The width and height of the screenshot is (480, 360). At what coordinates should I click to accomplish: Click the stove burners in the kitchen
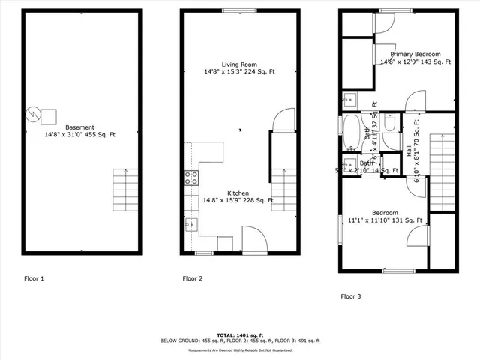pyautogui.click(x=191, y=178)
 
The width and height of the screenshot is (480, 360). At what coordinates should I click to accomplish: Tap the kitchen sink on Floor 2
pyautogui.click(x=191, y=223)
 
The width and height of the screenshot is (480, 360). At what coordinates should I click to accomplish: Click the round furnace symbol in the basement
pyautogui.click(x=32, y=115)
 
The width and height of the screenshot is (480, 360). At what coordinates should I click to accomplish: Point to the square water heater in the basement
pyautogui.click(x=49, y=115)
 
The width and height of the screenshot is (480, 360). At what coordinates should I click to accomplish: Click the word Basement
pyautogui.click(x=80, y=127)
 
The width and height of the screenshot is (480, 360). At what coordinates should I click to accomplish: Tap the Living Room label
pyautogui.click(x=239, y=64)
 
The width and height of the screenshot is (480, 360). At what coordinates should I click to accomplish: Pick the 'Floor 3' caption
pyautogui.click(x=351, y=296)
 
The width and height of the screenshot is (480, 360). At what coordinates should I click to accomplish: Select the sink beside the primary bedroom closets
pyautogui.click(x=350, y=100)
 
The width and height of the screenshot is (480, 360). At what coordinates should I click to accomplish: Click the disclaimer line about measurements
pyautogui.click(x=239, y=349)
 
